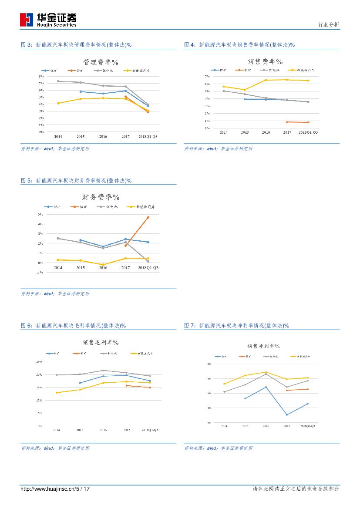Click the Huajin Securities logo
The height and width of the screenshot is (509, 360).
(48, 20)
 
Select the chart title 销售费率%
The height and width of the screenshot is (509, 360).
(266, 61)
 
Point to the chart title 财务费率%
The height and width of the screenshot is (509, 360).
(101, 197)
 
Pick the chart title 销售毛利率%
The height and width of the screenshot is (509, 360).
(101, 342)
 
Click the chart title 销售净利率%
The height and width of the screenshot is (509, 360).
(263, 346)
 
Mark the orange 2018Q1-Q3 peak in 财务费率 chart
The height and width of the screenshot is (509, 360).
(148, 217)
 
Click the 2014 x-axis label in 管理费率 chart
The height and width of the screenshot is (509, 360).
(58, 137)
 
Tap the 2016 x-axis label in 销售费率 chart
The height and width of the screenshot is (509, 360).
(266, 132)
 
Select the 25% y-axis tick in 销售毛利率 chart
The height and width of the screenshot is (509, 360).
(39, 362)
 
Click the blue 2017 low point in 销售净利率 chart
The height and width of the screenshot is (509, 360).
(287, 415)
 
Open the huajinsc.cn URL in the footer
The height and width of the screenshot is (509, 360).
(55, 489)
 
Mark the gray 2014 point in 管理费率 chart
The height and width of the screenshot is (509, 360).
(58, 81)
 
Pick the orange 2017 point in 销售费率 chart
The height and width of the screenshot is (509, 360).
(287, 122)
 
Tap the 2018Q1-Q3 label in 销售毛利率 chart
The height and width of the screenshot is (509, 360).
(150, 430)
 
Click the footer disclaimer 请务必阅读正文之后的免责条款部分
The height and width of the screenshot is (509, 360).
(296, 489)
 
